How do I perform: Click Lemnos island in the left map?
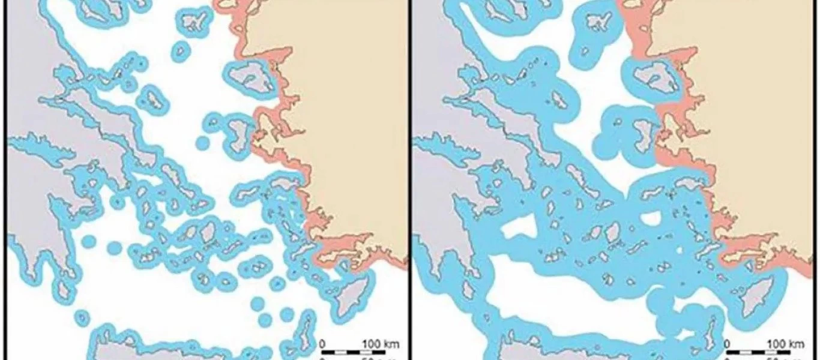193,22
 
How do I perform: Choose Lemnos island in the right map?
597,22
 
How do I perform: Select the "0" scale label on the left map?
323,344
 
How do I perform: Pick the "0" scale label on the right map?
728,344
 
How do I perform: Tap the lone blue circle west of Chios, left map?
202,143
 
